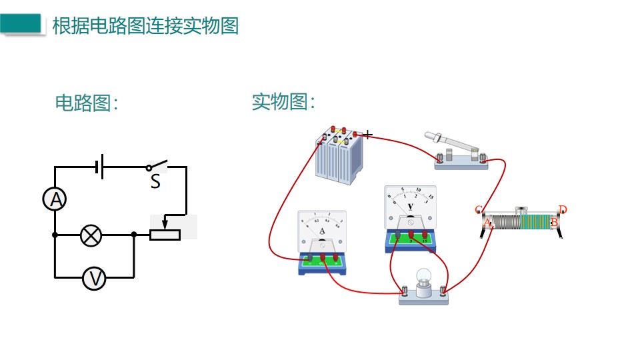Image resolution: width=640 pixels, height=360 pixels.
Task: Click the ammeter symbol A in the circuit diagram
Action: pyautogui.click(x=55, y=199)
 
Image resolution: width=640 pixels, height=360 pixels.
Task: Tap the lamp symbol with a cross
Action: pyautogui.click(x=91, y=235)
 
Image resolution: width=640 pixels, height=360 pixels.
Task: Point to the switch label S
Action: pyautogui.click(x=155, y=182)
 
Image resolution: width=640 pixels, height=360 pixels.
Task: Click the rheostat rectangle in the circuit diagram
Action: pyautogui.click(x=164, y=235)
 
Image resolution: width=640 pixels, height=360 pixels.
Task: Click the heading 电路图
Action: pyautogui.click(x=86, y=103)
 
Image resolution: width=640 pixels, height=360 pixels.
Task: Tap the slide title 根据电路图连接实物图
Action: pyautogui.click(x=145, y=25)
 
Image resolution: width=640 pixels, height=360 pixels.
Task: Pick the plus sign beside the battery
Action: pyautogui.click(x=367, y=134)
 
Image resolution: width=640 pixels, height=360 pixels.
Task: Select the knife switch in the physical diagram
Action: pyautogui.click(x=459, y=149)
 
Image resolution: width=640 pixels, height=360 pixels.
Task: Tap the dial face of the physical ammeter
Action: pyautogui.click(x=322, y=229)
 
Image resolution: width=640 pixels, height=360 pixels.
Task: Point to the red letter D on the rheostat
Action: pyautogui.click(x=563, y=210)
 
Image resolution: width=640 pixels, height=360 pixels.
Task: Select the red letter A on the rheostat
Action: pyautogui.click(x=487, y=223)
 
